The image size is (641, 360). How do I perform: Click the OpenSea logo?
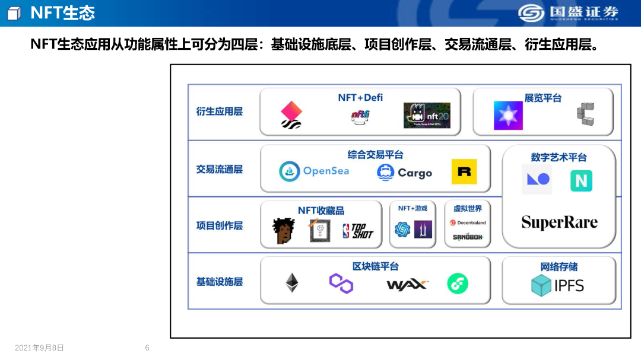314,171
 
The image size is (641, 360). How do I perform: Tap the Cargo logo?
404,173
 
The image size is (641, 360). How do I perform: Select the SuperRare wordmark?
559,222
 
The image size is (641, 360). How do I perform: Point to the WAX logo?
407,285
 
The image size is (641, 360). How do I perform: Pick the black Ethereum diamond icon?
292,283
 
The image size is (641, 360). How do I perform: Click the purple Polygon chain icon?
341,283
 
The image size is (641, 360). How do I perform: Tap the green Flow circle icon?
458,283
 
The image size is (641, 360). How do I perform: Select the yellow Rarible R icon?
464,171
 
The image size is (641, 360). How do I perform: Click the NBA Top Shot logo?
358,231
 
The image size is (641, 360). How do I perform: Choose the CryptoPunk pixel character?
284,231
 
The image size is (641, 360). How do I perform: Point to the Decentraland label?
468,223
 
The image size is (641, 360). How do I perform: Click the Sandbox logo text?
468,237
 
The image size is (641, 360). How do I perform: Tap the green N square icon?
581,180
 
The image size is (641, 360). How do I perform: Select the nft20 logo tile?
427,116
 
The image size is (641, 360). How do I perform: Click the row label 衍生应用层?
220,111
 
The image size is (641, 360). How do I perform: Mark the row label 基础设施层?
220,282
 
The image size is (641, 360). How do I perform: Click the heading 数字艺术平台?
559,158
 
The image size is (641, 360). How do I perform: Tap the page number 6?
147,348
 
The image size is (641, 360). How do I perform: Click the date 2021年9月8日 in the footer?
39,348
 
